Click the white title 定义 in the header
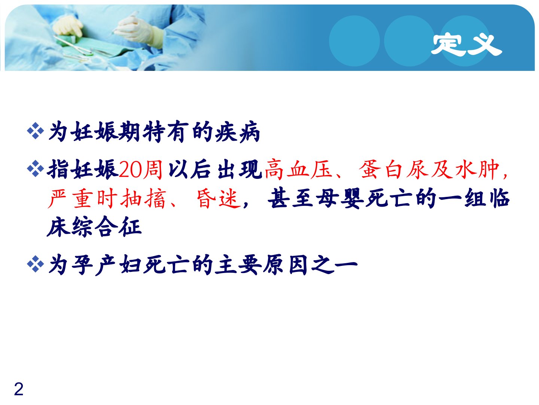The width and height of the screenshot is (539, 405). pos(466,45)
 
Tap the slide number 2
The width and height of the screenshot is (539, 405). pos(18,389)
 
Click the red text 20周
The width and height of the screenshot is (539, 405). pos(140,169)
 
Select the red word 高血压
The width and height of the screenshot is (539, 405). pos(298,169)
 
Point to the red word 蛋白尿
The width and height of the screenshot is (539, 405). pos(394,169)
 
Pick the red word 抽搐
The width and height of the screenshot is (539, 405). pos(143,198)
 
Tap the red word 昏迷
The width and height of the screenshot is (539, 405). pos(219,198)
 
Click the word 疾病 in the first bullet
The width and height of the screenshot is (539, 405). pos(237,132)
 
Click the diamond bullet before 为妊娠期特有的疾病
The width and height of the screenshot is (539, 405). pos(35,130)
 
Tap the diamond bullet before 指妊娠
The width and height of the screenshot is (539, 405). pos(35,169)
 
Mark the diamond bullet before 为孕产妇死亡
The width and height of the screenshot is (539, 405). pos(35,264)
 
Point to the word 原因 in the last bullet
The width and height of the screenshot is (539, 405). pos(285,265)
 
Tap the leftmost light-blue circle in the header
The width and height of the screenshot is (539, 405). pos(354,41)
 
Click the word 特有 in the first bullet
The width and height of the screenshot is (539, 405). pos(165,132)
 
